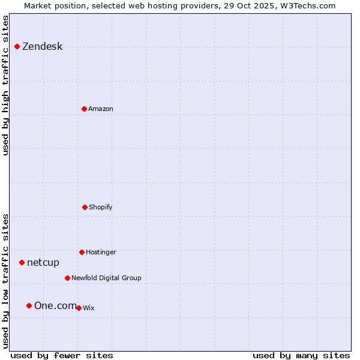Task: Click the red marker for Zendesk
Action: (x=17, y=46)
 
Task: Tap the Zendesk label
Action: (x=43, y=47)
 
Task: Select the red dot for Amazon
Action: (x=84, y=109)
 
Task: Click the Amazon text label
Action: (x=101, y=109)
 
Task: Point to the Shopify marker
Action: (x=85, y=207)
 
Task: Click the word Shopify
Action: (x=101, y=208)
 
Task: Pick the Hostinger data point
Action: (x=82, y=252)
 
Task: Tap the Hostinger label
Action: (x=101, y=253)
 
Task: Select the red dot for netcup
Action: (x=22, y=262)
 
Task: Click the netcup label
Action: (x=43, y=263)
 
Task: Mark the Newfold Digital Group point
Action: (x=67, y=278)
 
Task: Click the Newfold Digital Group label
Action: (x=106, y=278)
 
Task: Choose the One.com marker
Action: (x=29, y=305)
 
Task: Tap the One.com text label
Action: (x=55, y=306)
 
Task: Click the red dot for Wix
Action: (x=79, y=308)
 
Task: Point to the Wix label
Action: (x=89, y=308)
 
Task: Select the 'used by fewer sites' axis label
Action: (x=62, y=356)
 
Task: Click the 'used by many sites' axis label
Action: (x=301, y=356)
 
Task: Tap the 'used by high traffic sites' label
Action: (x=6, y=85)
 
